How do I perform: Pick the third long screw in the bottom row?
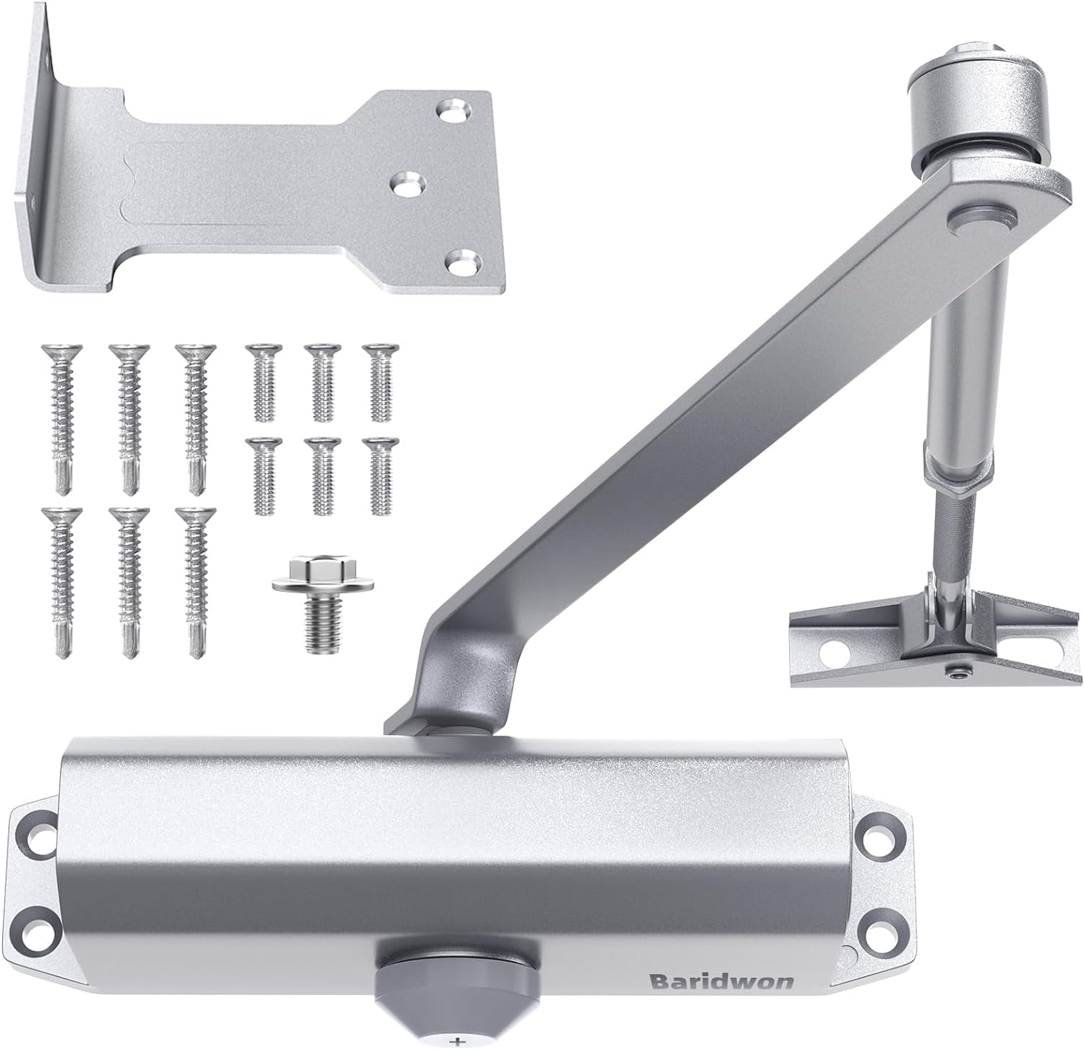click(x=194, y=578)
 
